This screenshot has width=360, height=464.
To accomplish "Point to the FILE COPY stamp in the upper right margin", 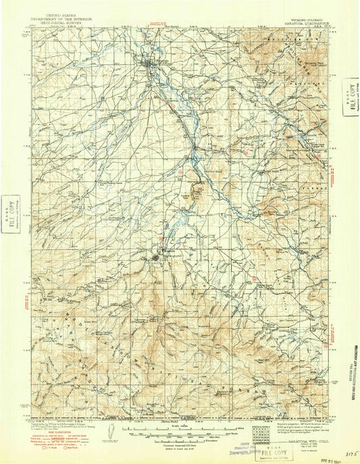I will (351, 95).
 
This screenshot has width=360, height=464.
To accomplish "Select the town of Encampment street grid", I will (160, 257).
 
